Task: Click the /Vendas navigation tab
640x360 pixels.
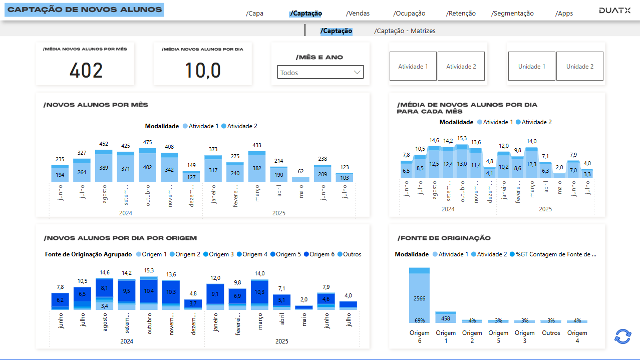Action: [358, 14]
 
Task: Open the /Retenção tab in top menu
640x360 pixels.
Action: [461, 14]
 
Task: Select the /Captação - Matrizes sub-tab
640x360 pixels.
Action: [405, 31]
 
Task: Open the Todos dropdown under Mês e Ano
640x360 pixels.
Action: [321, 73]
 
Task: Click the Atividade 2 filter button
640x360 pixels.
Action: [461, 66]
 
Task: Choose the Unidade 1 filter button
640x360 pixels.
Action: [531, 66]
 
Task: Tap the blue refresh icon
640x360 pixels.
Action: [622, 336]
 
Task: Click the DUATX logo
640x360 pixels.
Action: [614, 11]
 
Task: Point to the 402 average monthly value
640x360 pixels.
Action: [86, 71]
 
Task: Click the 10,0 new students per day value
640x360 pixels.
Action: [203, 71]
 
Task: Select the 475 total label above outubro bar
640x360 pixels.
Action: [147, 143]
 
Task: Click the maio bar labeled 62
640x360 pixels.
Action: [300, 179]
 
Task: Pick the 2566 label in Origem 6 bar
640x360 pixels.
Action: [419, 298]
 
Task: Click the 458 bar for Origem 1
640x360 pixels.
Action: [446, 318]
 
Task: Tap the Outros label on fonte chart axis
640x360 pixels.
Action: [551, 333]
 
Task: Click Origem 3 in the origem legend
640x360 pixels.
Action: [218, 254]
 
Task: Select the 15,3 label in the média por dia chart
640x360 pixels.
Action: [462, 139]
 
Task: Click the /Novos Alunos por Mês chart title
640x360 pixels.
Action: [96, 105]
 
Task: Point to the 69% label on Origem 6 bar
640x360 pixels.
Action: [419, 320]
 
